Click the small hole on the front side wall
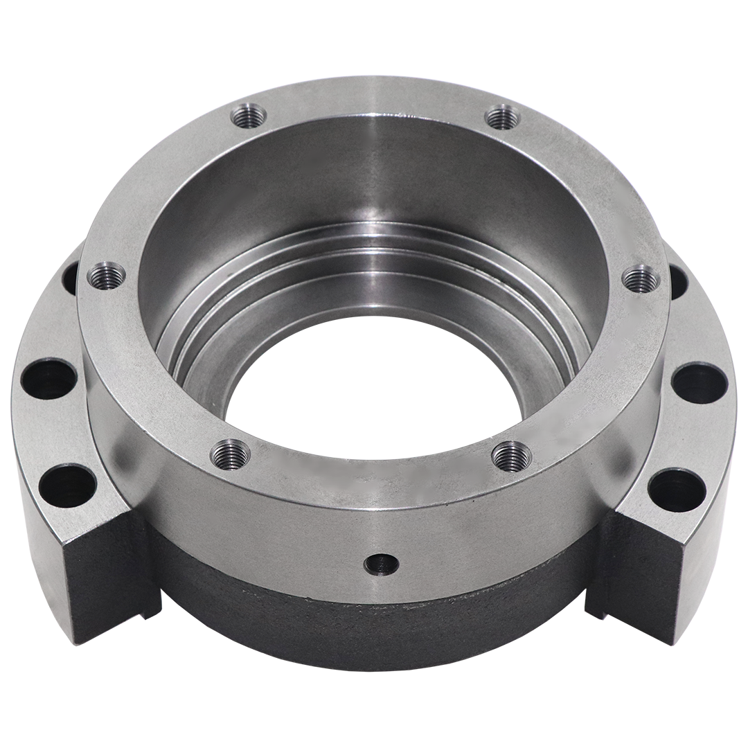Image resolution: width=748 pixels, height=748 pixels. click(381, 564)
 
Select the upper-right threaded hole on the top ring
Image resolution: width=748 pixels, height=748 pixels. click(503, 117)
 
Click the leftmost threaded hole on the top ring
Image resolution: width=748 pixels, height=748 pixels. click(107, 276)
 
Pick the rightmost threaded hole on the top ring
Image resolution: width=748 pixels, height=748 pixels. click(641, 278)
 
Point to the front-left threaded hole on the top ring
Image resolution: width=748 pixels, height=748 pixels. click(231, 454)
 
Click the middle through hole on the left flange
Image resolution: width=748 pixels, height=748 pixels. click(48, 377)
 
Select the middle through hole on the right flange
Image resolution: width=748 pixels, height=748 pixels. click(699, 382)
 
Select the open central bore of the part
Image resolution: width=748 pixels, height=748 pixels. click(374, 409)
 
